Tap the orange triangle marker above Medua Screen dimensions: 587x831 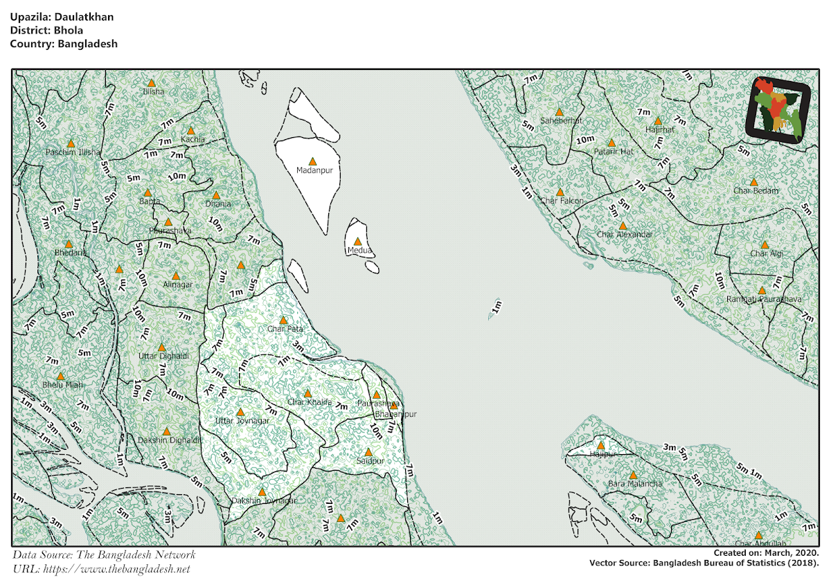(x=357, y=241)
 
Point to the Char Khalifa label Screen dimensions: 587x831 (x=310, y=402)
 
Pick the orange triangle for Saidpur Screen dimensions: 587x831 (x=368, y=451)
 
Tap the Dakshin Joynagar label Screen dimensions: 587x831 (x=264, y=500)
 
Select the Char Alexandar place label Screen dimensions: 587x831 (x=625, y=235)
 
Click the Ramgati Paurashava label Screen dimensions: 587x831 (x=764, y=299)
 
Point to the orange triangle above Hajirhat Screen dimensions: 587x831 (x=658, y=120)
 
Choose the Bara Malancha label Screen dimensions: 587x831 (x=635, y=484)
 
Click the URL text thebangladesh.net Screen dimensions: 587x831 (x=116, y=569)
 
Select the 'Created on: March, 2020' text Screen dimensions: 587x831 (x=767, y=553)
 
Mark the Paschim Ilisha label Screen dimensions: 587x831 (x=73, y=152)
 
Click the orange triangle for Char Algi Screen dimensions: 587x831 (x=765, y=244)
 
